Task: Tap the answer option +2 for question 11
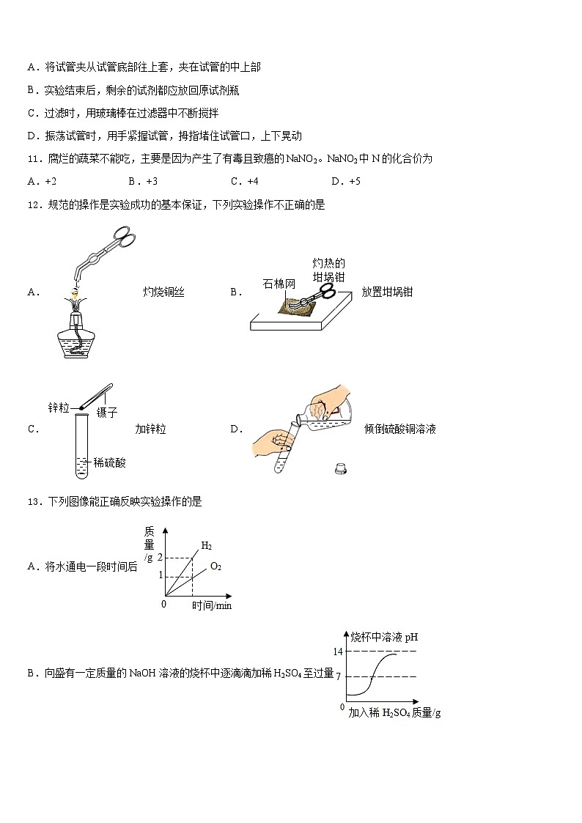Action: point(43,181)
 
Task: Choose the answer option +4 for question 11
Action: point(245,181)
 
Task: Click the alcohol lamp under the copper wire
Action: point(73,333)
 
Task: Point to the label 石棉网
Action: point(279,284)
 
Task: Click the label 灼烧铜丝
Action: point(163,292)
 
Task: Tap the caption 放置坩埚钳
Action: point(387,292)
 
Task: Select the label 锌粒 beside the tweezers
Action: point(58,407)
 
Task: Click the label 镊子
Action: point(107,413)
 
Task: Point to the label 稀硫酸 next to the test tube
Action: point(110,462)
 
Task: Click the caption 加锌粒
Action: point(150,429)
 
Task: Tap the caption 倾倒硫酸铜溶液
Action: point(399,429)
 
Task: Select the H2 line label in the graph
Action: point(207,545)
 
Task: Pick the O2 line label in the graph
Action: point(216,566)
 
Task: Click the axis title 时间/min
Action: point(212,605)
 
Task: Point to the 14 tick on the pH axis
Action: point(338,652)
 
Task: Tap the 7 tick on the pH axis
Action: point(339,676)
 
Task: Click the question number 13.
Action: point(33,502)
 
